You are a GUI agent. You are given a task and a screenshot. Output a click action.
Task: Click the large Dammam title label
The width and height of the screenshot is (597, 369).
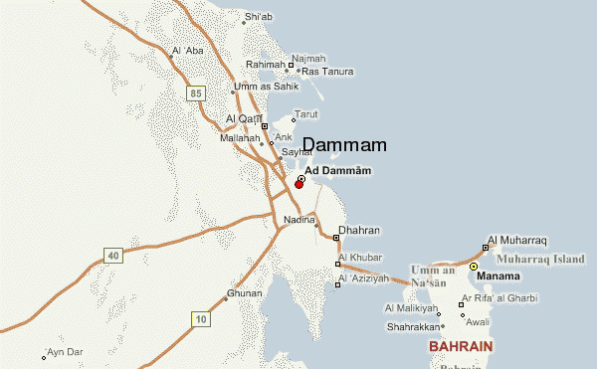pos(343,145)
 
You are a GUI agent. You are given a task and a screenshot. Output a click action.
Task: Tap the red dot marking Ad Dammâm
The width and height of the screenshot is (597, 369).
pos(298,185)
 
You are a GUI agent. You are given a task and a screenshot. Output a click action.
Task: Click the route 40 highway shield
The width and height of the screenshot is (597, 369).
pos(113,256)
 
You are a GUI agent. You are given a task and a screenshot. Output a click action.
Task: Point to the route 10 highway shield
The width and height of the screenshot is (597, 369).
pos(201,319)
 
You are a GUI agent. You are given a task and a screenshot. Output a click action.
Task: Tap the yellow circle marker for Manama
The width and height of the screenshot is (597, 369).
pos(474,267)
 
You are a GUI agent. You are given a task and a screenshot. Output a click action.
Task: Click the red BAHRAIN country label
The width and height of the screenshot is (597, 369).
pos(461,347)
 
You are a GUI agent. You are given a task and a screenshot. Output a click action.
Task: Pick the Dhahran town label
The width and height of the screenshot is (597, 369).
pos(359,230)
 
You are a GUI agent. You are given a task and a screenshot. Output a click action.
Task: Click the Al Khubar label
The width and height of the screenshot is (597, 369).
pos(360,257)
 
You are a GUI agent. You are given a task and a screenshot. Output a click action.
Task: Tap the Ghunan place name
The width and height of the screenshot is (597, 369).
pos(245,293)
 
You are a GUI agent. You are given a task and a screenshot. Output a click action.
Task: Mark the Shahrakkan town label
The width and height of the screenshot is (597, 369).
pos(412,324)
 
